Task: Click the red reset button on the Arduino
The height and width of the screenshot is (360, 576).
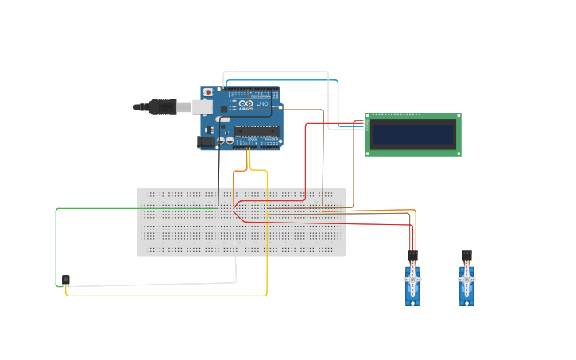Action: click(208, 92)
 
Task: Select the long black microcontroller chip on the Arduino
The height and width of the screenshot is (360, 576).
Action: click(257, 130)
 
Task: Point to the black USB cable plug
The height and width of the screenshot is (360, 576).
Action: click(163, 106)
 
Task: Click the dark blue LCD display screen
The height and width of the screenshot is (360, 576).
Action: click(412, 134)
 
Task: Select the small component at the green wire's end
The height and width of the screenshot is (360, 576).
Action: click(65, 280)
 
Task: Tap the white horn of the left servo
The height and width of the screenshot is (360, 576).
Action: click(412, 280)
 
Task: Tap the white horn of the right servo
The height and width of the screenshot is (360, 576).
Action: click(466, 280)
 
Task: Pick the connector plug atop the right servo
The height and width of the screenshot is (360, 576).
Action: click(466, 255)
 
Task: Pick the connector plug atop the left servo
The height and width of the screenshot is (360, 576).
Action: click(412, 255)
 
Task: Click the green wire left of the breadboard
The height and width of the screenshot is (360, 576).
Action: click(56, 238)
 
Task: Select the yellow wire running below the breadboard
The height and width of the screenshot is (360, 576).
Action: click(159, 295)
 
